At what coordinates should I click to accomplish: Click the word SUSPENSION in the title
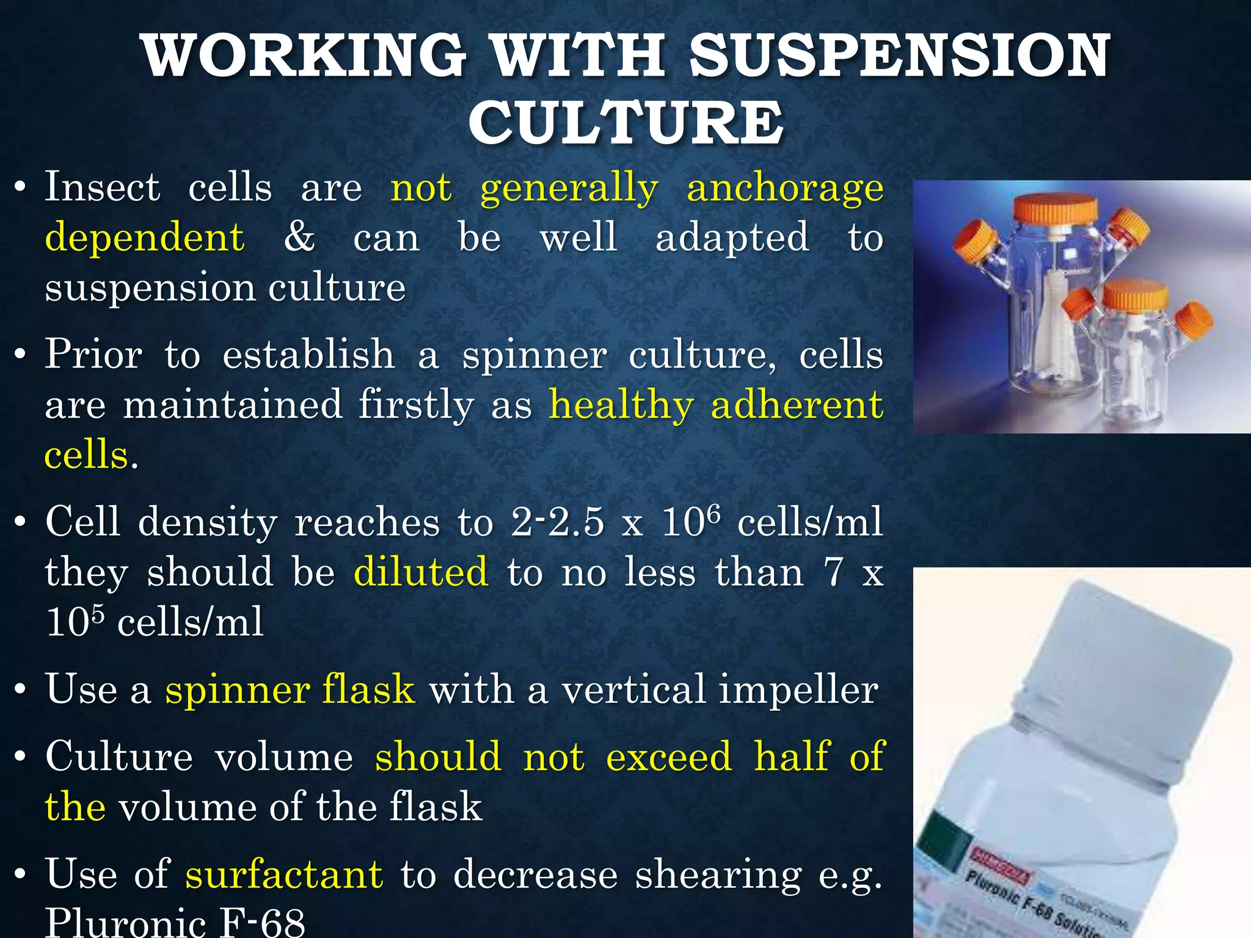pyautogui.click(x=899, y=56)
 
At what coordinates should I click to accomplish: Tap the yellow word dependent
pyautogui.click(x=145, y=237)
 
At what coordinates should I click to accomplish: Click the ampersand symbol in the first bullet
pyautogui.click(x=299, y=237)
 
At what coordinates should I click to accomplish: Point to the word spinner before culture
pyautogui.click(x=534, y=355)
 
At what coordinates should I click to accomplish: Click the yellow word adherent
pyautogui.click(x=797, y=405)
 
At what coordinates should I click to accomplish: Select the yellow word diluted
pyautogui.click(x=421, y=572)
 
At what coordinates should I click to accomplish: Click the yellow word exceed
pyautogui.click(x=669, y=757)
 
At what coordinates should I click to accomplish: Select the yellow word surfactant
pyautogui.click(x=285, y=874)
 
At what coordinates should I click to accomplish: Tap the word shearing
pyautogui.click(x=718, y=874)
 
